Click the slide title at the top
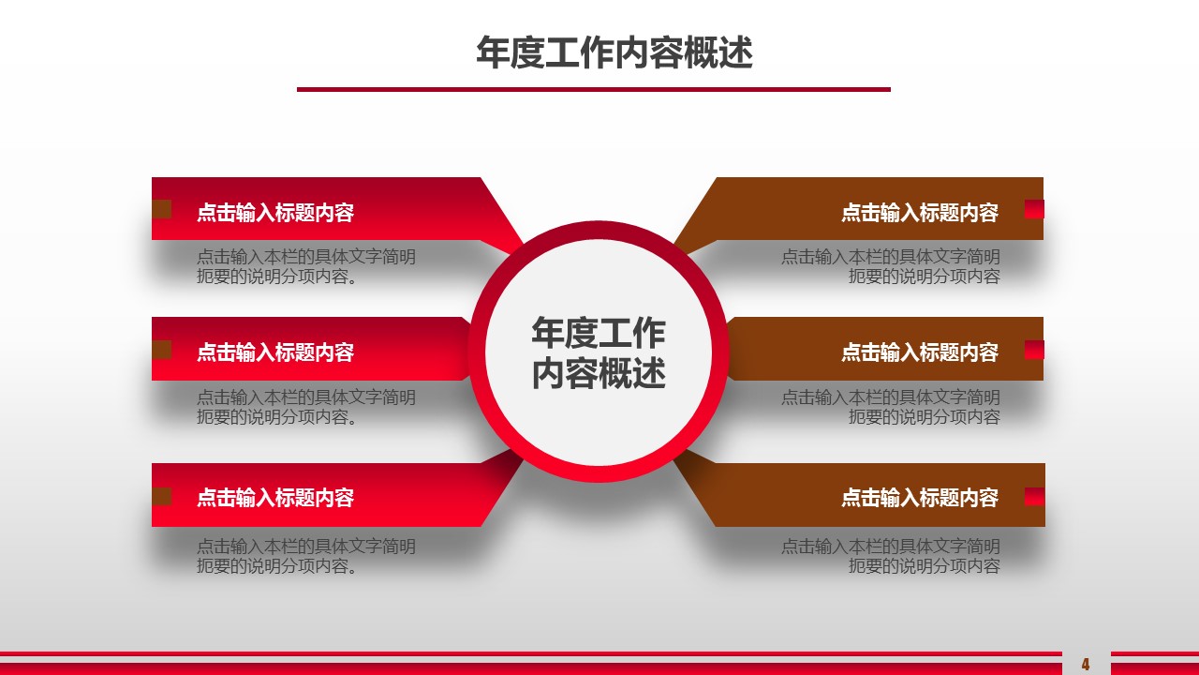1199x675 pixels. [x=614, y=52]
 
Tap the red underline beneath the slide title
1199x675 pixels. [x=594, y=89]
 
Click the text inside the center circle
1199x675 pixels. [x=599, y=352]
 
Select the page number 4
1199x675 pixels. [x=1086, y=665]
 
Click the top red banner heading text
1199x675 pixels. [x=275, y=213]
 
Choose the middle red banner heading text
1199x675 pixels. [x=275, y=352]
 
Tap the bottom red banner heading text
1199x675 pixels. [x=275, y=498]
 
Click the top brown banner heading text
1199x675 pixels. [x=920, y=213]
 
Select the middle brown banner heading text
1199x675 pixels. [x=920, y=352]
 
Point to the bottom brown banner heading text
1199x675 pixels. [x=920, y=498]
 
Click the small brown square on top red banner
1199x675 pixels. [x=162, y=209]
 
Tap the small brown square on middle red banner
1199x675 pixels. [x=162, y=350]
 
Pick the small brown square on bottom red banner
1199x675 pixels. [x=162, y=496]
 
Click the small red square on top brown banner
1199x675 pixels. [x=1034, y=209]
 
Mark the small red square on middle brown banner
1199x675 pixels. [x=1034, y=350]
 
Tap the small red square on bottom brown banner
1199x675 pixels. [x=1034, y=496]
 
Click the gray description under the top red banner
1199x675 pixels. [x=305, y=266]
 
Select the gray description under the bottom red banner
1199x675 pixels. [x=305, y=556]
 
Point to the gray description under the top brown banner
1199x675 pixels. [x=891, y=266]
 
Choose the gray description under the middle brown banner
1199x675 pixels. [x=891, y=407]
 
